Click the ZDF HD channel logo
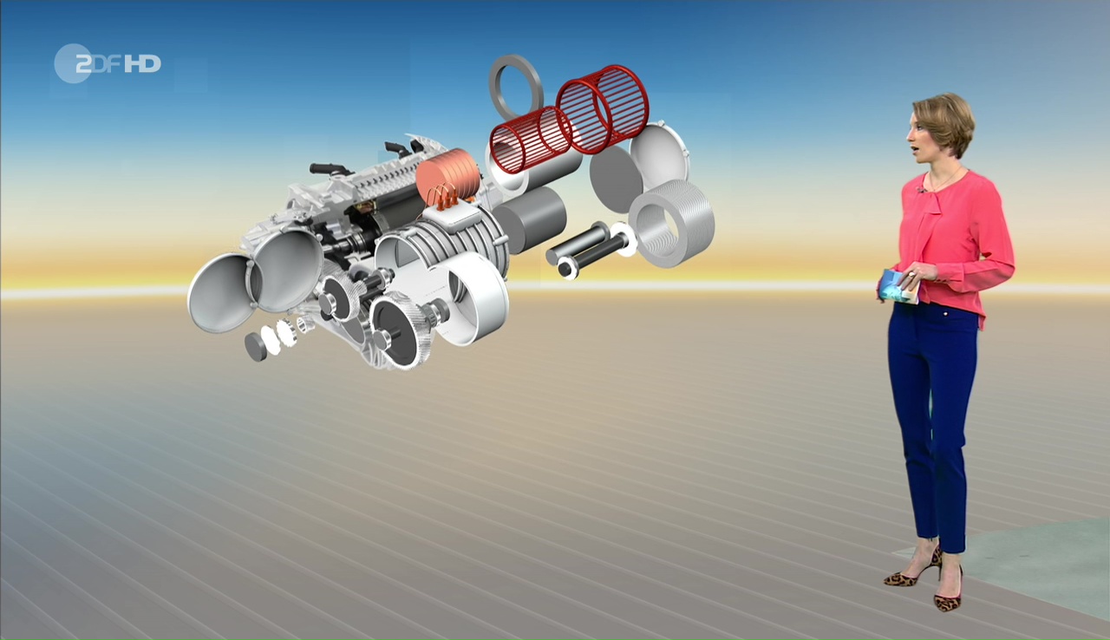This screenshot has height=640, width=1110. (x=108, y=64)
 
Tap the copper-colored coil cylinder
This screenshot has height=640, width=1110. (x=448, y=175)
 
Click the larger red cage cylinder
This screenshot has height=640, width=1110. (x=602, y=109)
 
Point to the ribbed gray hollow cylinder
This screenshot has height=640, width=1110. (x=671, y=224)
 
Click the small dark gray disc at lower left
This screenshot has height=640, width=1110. (x=257, y=346)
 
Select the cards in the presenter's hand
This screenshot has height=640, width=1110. (x=898, y=286)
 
